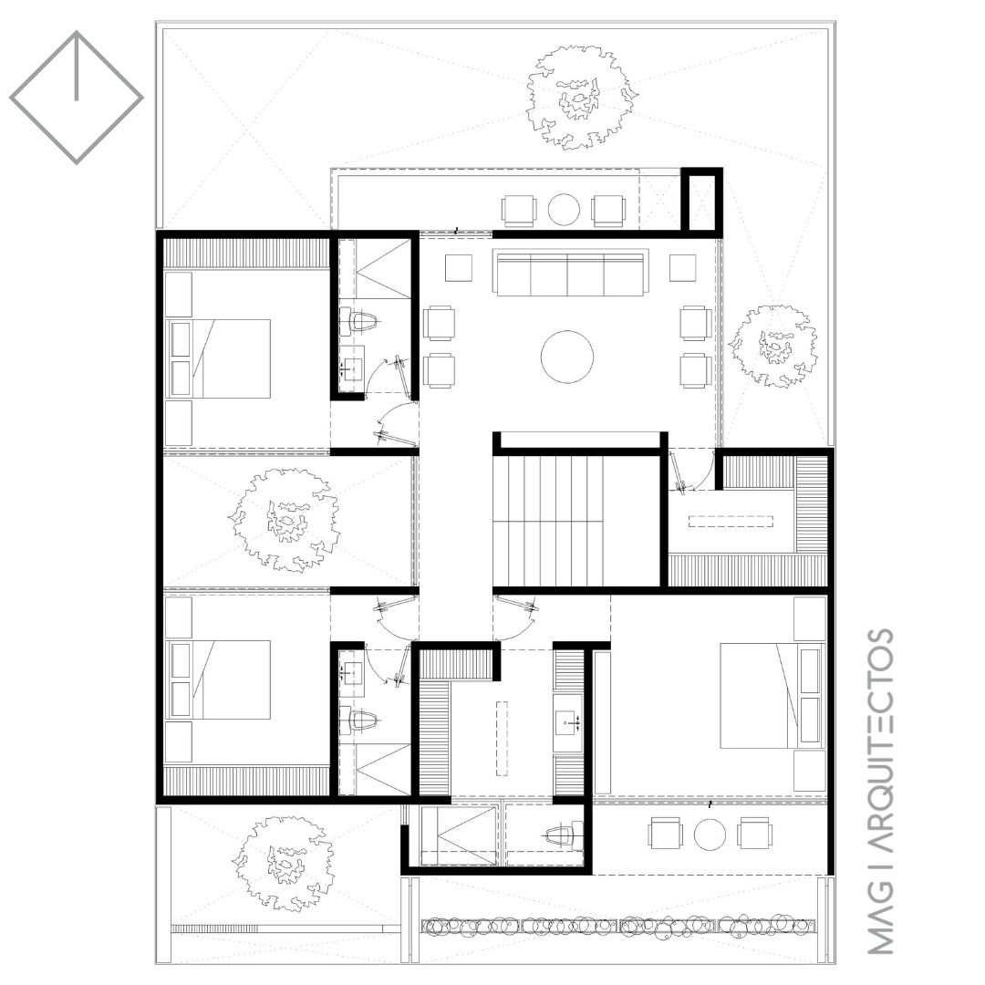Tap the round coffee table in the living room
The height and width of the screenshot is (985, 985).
click(x=566, y=357)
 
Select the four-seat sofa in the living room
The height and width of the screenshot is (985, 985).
click(x=570, y=274)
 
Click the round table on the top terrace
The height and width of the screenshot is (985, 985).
click(x=564, y=210)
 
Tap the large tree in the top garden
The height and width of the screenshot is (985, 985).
click(x=582, y=97)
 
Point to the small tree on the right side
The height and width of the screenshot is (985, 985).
click(x=774, y=347)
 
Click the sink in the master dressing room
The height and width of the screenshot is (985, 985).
click(x=568, y=723)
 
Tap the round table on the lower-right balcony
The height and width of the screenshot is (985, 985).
click(x=710, y=835)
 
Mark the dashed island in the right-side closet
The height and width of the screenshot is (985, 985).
click(x=731, y=522)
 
